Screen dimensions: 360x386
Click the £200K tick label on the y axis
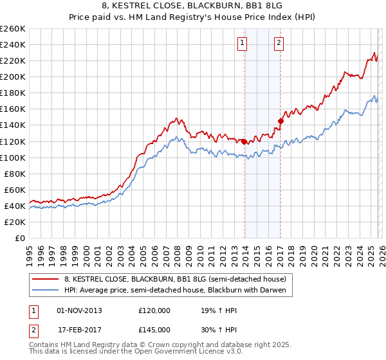[12, 76]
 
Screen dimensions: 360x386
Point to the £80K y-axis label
[14, 174]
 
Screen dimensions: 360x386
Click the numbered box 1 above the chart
[243, 44]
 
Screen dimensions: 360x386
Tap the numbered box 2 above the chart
[279, 44]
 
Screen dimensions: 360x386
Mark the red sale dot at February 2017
[280, 120]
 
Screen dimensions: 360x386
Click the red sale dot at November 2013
[244, 141]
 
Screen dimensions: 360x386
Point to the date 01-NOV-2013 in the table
[80, 310]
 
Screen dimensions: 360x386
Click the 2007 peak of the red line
[175, 118]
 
